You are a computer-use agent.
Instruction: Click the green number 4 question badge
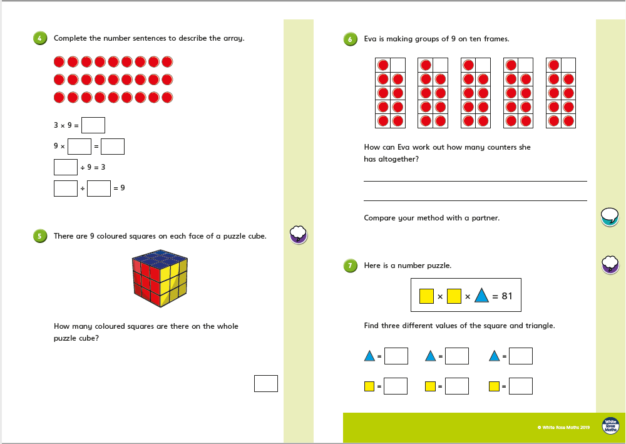coord(40,38)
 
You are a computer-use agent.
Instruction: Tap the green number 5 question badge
coord(40,236)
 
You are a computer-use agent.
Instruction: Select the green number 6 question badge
coord(350,39)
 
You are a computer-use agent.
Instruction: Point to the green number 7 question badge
coord(350,266)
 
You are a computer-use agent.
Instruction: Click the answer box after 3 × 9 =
coord(93,125)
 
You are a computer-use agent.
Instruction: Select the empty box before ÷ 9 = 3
coord(66,167)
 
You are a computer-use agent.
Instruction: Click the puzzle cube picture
coord(160,278)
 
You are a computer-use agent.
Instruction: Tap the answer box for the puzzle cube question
coord(266,383)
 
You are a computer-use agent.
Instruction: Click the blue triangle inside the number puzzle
coord(481,296)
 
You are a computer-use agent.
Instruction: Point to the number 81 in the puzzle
coord(507,296)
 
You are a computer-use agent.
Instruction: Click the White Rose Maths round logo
coord(610,426)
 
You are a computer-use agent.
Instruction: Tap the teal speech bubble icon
coord(610,217)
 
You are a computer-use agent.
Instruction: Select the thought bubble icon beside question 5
coord(298,234)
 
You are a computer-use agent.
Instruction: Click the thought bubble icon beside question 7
coord(610,264)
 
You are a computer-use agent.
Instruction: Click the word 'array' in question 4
coord(233,38)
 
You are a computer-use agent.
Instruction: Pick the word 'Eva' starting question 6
coord(370,39)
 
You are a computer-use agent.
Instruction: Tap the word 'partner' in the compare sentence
coord(486,218)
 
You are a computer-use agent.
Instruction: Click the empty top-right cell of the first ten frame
coord(398,65)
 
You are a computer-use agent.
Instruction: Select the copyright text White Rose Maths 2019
coord(563,427)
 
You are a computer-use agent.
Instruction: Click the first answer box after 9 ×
coord(80,146)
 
